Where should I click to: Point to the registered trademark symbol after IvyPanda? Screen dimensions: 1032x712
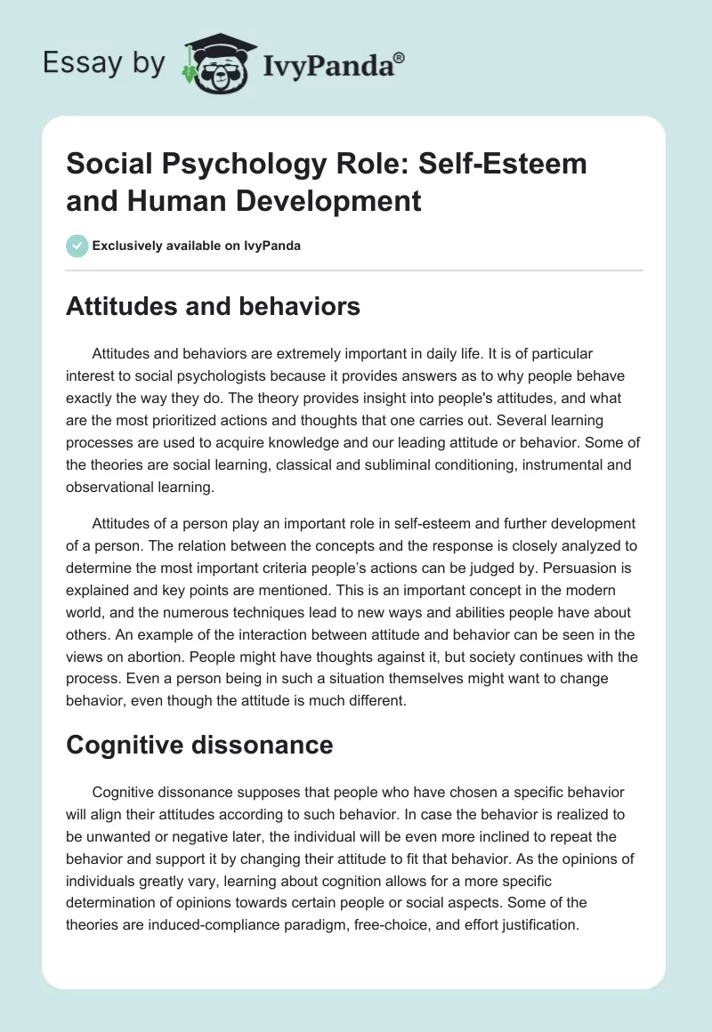click(x=400, y=56)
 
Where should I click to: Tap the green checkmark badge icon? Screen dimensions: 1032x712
click(x=77, y=246)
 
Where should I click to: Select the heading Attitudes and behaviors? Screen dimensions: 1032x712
click(x=213, y=307)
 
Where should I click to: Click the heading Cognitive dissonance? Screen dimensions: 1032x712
click(x=199, y=744)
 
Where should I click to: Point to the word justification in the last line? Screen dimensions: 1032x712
click(x=533, y=923)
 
